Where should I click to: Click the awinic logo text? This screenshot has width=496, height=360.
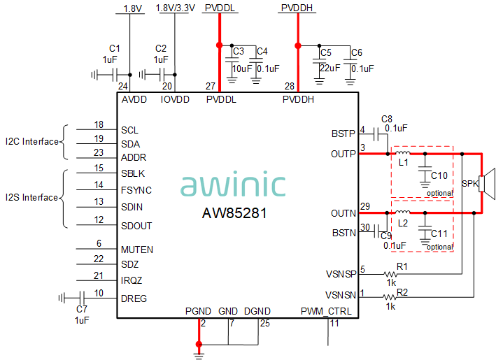tap(233, 185)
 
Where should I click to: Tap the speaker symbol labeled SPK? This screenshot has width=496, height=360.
tap(486, 183)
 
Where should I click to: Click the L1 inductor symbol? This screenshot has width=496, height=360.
tap(402, 153)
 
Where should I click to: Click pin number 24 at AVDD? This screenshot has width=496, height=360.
tap(123, 87)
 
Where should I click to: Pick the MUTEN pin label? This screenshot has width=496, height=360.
tap(136, 250)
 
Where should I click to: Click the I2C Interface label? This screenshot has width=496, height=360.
tap(31, 142)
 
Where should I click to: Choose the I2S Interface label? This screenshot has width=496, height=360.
tap(31, 198)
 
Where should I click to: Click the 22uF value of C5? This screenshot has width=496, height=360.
tap(330, 69)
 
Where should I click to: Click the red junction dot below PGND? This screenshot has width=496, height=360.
tap(199, 344)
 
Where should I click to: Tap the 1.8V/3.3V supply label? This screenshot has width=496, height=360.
tap(175, 8)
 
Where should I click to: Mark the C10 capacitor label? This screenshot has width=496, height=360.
tap(439, 175)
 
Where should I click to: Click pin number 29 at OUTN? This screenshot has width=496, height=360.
tap(364, 206)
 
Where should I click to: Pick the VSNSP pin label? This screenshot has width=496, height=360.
tap(341, 275)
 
